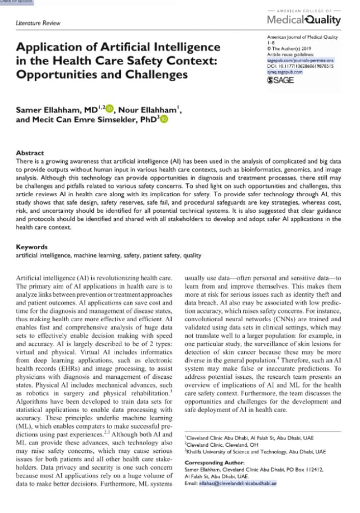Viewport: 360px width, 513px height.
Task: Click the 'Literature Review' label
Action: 38,23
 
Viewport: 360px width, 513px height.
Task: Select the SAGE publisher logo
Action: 280,80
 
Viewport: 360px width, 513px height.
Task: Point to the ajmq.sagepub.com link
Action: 285,72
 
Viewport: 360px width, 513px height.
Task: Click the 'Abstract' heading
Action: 30,153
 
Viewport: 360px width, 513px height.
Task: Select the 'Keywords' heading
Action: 32,247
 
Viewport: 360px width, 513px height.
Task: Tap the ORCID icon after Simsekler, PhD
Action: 164,119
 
